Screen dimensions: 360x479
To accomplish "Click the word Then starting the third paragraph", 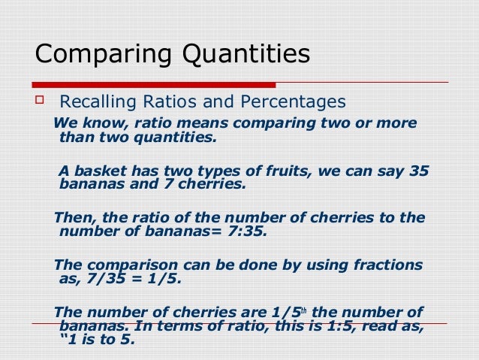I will (73, 218).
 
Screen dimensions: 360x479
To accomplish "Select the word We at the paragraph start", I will (62, 123).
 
